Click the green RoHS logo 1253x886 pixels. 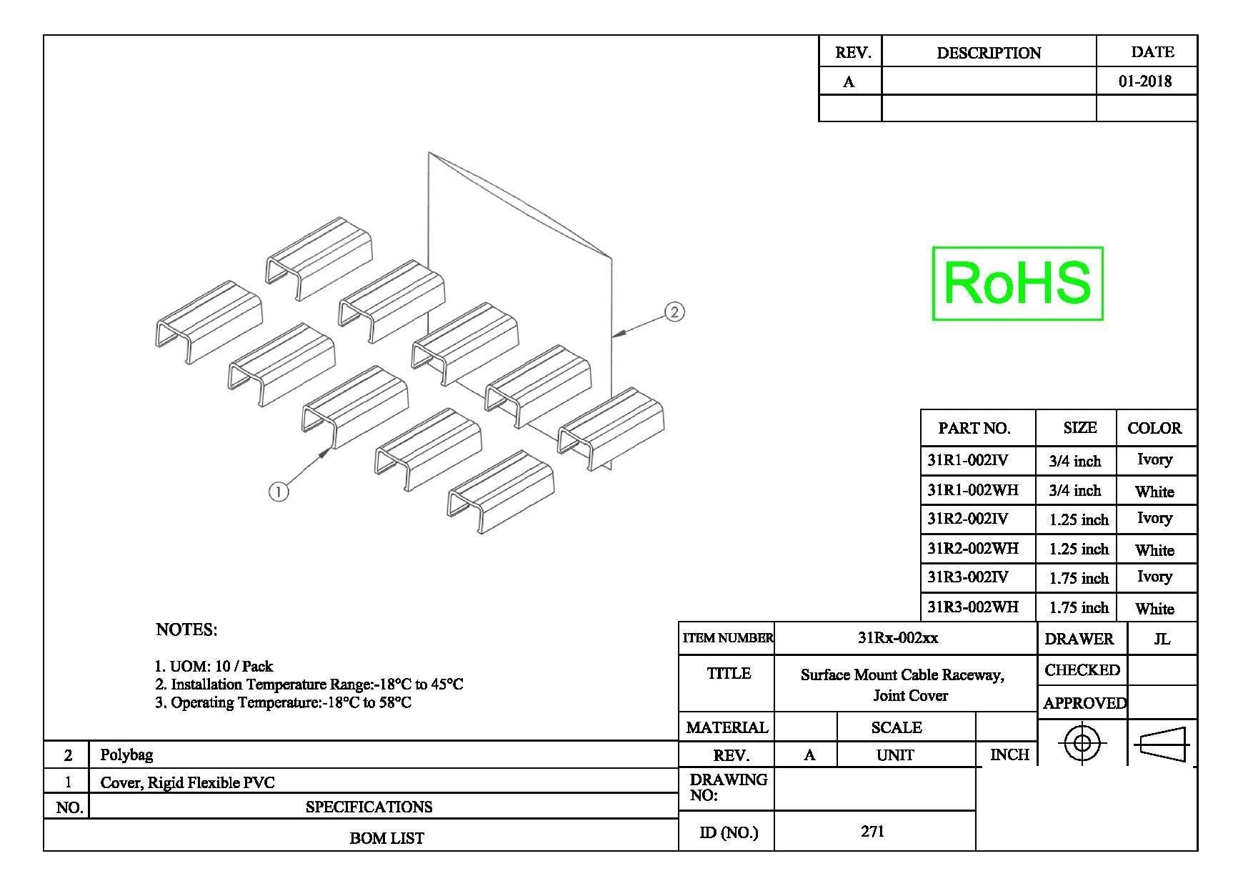click(x=1018, y=284)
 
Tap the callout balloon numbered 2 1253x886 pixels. click(x=674, y=312)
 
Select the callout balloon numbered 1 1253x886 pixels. click(x=279, y=492)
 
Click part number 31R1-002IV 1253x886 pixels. click(x=968, y=460)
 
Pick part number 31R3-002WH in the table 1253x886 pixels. click(x=973, y=607)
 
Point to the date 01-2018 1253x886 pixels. click(x=1146, y=81)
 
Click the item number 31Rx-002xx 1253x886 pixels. click(x=898, y=638)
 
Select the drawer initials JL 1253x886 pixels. click(x=1162, y=639)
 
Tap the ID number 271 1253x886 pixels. click(x=873, y=831)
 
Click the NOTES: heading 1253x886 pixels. click(x=186, y=629)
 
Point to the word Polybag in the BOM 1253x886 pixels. click(x=126, y=755)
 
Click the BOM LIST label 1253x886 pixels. click(x=386, y=838)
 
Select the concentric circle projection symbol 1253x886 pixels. click(x=1082, y=743)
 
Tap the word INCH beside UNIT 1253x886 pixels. click(x=1009, y=755)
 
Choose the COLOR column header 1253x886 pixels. click(x=1154, y=428)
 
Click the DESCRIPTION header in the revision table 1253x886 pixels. click(x=989, y=53)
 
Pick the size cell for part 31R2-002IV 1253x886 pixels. click(x=1079, y=519)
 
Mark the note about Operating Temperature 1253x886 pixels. click(x=284, y=702)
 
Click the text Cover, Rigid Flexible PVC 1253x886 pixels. click(x=187, y=782)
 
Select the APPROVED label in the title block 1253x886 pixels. click(x=1084, y=703)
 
